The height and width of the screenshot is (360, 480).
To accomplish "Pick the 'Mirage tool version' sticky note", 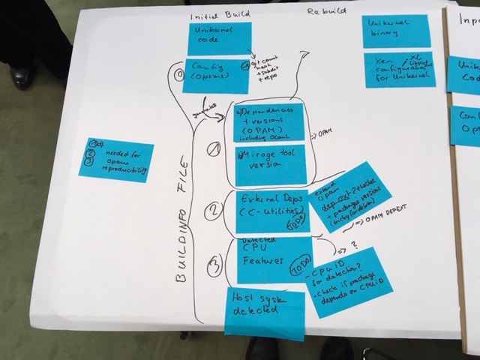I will point(270,166).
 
